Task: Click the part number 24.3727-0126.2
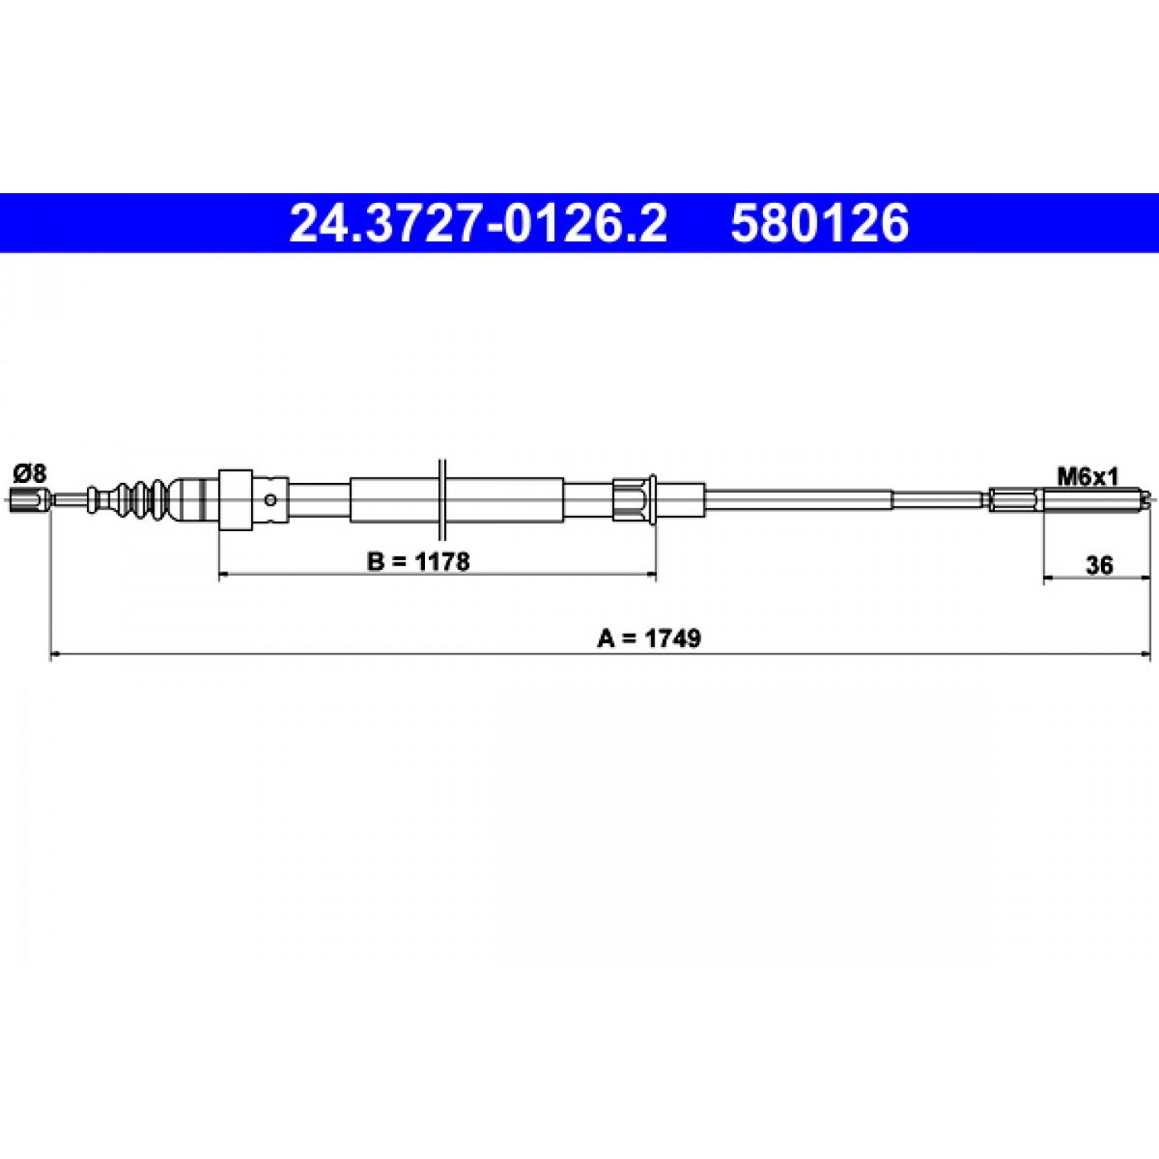click(478, 223)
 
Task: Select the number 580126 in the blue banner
click(819, 223)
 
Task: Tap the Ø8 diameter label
click(30, 474)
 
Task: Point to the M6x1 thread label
click(1088, 477)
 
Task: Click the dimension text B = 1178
click(418, 562)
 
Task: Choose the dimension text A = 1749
click(649, 638)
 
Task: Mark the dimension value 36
click(1100, 565)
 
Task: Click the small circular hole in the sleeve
click(270, 499)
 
